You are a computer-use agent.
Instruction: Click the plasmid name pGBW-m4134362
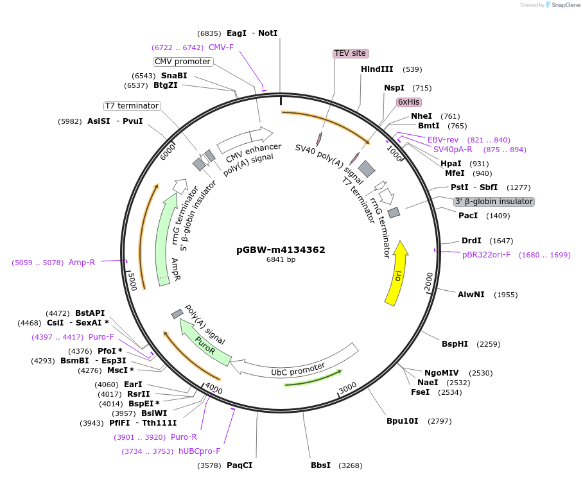(281, 250)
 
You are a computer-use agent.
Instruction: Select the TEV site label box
(351, 53)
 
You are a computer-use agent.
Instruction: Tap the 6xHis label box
(408, 102)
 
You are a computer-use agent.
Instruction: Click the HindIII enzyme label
(377, 69)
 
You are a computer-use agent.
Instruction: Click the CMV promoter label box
(183, 62)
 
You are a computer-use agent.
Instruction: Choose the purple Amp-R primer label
(82, 263)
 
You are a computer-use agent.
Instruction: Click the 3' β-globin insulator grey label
(494, 202)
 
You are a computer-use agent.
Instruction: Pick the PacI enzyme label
(468, 216)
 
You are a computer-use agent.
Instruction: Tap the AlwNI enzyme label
(469, 295)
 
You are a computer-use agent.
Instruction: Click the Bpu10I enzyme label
(402, 421)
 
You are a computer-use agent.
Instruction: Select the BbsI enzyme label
(320, 465)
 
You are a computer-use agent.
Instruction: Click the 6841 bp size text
(281, 260)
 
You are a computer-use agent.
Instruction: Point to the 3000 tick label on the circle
(347, 388)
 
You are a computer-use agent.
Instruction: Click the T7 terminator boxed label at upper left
(132, 106)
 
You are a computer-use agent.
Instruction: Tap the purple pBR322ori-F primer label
(486, 255)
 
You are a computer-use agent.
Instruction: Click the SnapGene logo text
(564, 5)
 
